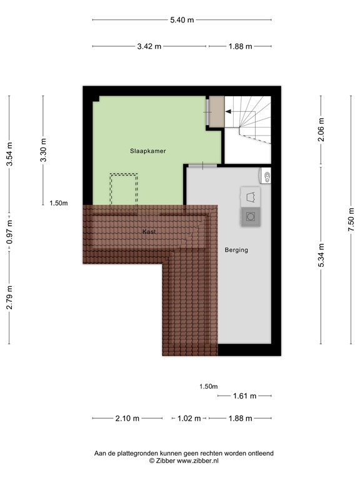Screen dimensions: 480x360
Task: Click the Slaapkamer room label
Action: tap(147, 151)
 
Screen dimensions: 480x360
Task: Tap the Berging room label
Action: tap(236, 250)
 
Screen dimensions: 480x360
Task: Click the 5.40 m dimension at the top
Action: tap(182, 20)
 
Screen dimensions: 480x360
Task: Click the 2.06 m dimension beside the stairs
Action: tap(321, 129)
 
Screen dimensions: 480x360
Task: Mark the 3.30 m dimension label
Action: tap(43, 149)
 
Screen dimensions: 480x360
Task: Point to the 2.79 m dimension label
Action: tap(9, 297)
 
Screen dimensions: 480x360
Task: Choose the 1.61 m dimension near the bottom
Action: tap(244, 396)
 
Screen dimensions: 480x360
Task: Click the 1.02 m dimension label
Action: tap(189, 419)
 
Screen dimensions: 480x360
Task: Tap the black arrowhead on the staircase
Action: tap(228, 111)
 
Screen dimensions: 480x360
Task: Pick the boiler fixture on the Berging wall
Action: tap(267, 177)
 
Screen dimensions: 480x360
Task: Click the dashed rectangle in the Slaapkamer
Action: tap(123, 189)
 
